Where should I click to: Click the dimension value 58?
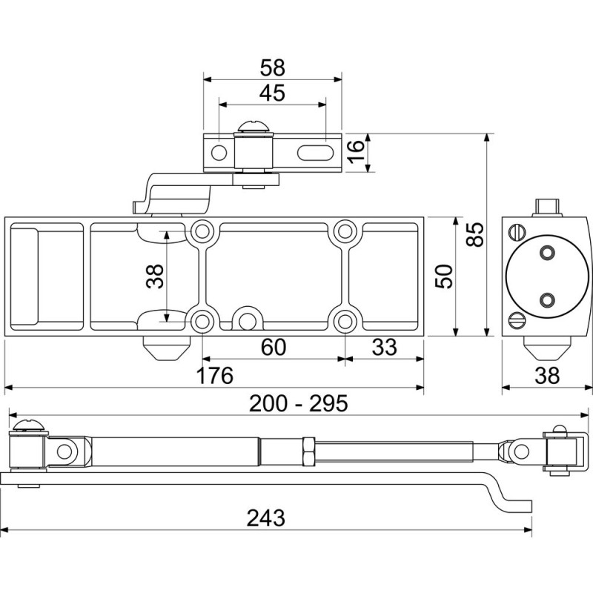273,67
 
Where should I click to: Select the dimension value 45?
273,94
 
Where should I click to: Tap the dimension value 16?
357,152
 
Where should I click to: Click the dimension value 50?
443,276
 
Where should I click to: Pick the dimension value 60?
273,347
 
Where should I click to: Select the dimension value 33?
382,347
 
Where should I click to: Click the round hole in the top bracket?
219,153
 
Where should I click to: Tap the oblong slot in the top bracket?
316,153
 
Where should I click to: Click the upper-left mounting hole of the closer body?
201,231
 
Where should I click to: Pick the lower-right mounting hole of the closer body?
343,321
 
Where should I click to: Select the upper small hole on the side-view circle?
548,253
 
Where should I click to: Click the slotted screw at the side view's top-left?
517,232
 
